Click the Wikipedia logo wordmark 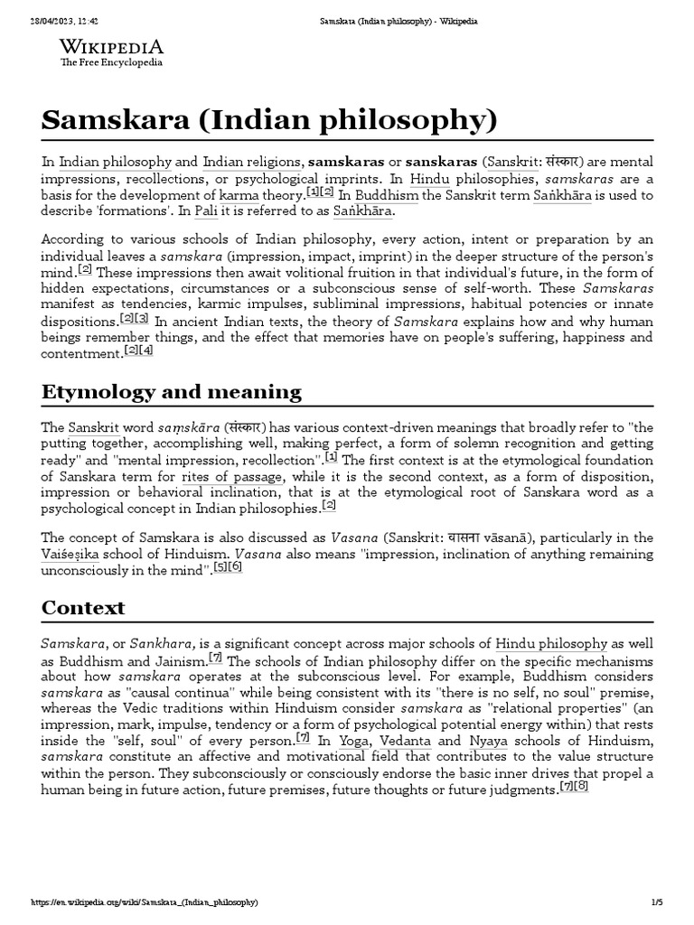[x=113, y=47]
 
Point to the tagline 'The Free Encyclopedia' [x=112, y=64]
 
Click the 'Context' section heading [x=83, y=607]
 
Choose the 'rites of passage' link [x=233, y=476]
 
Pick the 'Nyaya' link [x=493, y=741]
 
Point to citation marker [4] [x=146, y=351]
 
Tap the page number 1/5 [x=657, y=902]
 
